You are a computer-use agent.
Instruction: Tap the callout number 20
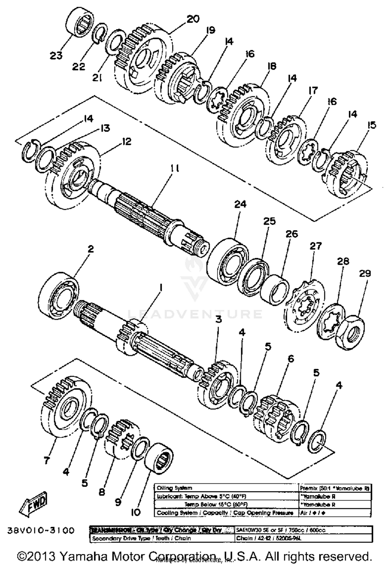click(x=193, y=19)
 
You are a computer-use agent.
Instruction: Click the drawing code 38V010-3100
click(x=41, y=530)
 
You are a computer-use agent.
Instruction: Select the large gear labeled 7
click(x=66, y=407)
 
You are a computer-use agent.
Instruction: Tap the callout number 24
click(x=240, y=204)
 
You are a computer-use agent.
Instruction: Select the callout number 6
click(x=291, y=359)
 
